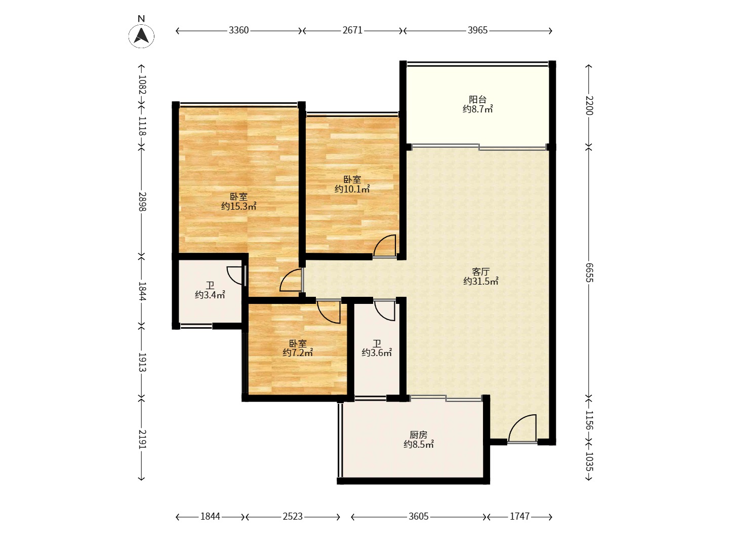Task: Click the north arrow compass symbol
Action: [141, 35]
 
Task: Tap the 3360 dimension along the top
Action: [238, 30]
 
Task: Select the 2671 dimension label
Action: [352, 30]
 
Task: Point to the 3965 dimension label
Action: [477, 30]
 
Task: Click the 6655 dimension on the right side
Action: [589, 272]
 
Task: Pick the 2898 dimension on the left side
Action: [142, 201]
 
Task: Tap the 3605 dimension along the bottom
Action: [419, 517]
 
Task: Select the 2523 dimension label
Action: [293, 517]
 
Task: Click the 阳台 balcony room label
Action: [477, 99]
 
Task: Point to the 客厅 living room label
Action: [480, 271]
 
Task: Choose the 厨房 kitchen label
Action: [418, 435]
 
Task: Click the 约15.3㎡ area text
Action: [239, 206]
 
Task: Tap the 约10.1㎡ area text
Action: [352, 189]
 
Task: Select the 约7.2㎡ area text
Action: [298, 353]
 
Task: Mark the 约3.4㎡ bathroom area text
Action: [210, 295]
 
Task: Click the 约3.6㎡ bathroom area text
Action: [377, 353]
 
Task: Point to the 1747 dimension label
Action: [520, 517]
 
